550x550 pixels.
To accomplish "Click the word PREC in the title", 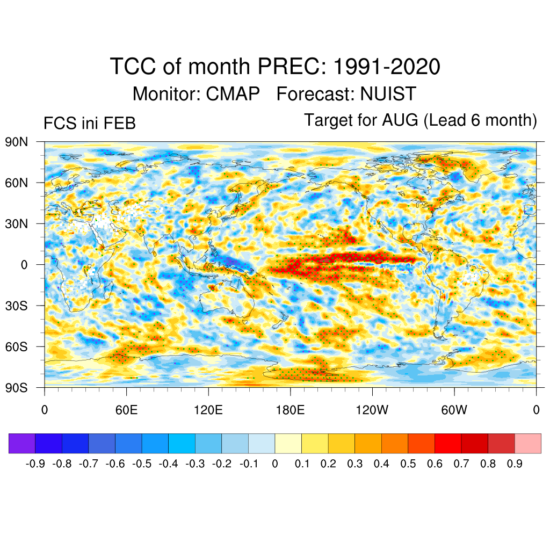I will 290,67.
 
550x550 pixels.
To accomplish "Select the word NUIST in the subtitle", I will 388,94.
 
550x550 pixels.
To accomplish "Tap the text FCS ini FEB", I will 89,124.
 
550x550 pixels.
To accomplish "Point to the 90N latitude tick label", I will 17,142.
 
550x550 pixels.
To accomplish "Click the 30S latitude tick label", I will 17,306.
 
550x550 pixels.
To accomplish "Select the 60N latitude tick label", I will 17,183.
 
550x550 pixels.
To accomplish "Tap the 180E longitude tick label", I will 290,410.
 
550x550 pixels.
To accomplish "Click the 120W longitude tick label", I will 372,410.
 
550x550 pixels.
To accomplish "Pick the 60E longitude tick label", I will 126,410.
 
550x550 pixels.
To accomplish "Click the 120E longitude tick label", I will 208,410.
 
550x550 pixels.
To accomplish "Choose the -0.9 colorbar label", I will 36,464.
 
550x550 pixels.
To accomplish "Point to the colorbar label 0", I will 275,464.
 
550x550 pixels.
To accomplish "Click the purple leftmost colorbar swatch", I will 22,443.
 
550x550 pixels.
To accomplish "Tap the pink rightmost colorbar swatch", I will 527,443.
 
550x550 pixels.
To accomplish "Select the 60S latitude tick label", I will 17,346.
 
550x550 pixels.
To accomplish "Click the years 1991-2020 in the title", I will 387,67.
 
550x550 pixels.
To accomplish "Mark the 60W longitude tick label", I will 454,410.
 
